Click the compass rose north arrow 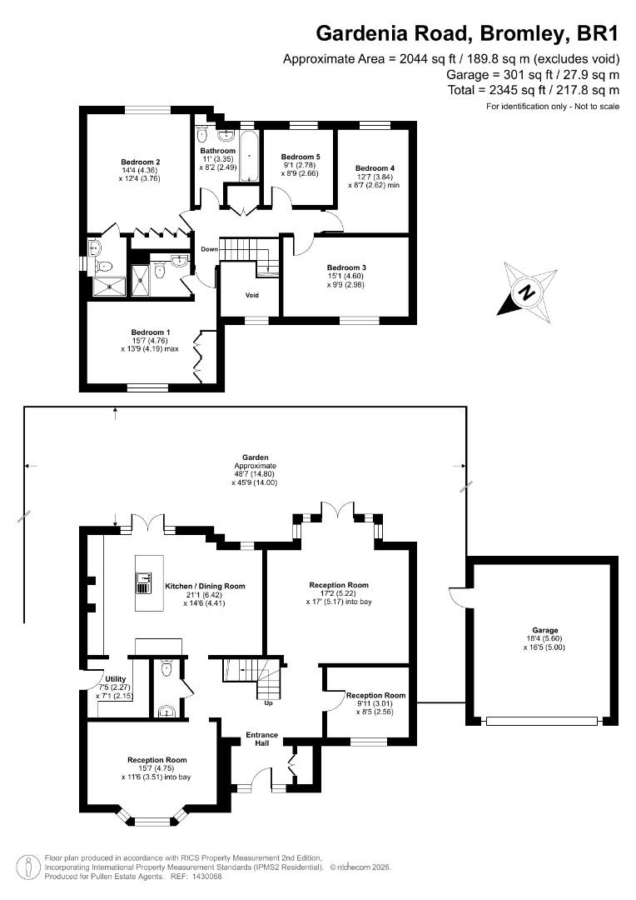pos(527,292)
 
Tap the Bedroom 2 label pos(140,162)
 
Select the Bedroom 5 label pos(301,157)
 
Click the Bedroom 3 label pos(346,267)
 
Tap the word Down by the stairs pos(208,249)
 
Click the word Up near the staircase pos(268,702)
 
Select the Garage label pos(545,630)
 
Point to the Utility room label pos(115,679)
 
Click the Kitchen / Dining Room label pos(205,586)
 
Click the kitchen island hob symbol pos(143,581)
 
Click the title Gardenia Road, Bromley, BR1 pos(467,34)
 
